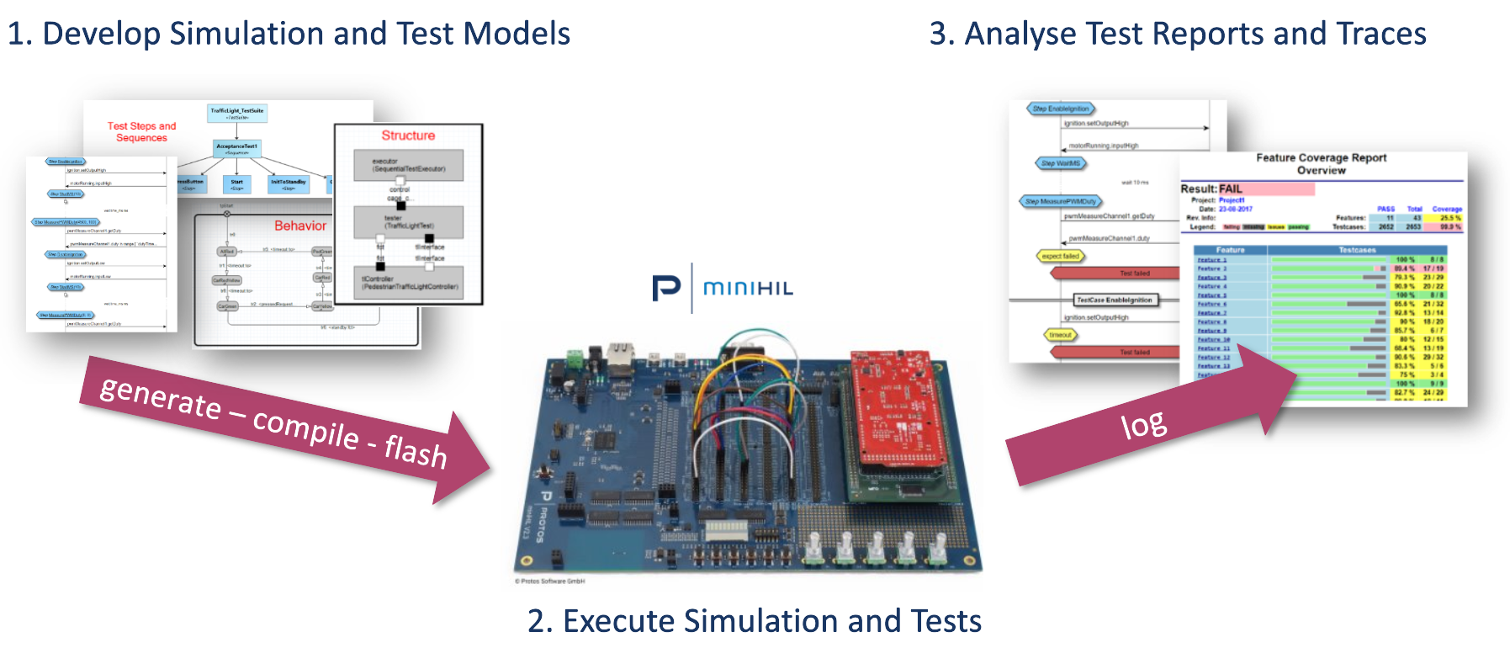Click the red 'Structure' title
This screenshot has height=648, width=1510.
click(408, 135)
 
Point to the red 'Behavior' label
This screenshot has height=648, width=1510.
click(300, 226)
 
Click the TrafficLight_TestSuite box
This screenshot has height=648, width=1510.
click(237, 113)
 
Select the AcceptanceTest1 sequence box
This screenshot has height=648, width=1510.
click(237, 148)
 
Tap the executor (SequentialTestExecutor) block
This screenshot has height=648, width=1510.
click(408, 165)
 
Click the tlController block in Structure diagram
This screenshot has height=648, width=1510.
click(409, 283)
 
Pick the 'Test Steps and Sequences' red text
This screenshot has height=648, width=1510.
click(141, 132)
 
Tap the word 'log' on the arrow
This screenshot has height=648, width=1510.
click(1144, 425)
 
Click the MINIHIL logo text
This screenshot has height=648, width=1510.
click(748, 289)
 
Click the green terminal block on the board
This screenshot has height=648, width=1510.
click(575, 359)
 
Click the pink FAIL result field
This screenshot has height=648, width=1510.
click(1266, 189)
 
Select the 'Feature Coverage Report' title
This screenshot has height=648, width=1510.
click(1321, 157)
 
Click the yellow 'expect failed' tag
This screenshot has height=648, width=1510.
click(1060, 256)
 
